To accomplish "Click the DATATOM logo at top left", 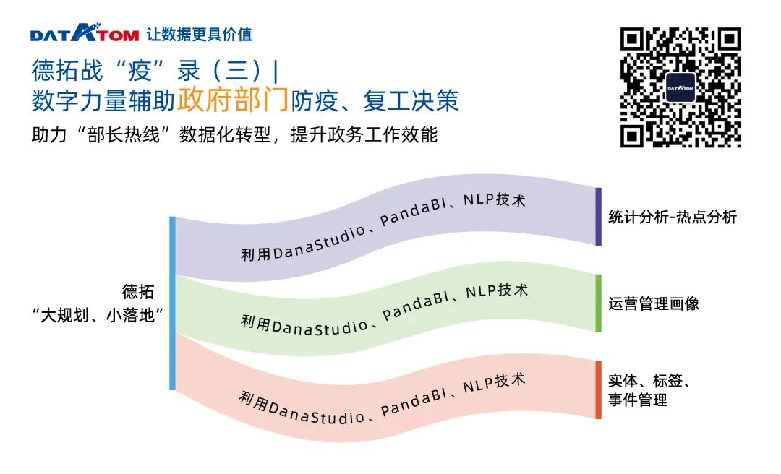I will tap(84, 33).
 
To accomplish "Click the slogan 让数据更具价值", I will tap(199, 34).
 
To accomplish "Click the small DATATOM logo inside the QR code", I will tap(680, 88).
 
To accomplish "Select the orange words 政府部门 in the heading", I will tap(233, 101).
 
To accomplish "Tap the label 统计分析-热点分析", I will tap(672, 217).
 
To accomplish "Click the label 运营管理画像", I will tap(654, 303).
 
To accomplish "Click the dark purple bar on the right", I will tap(598, 217).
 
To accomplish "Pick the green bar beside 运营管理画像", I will tap(598, 303).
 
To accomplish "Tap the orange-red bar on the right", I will tap(598, 390).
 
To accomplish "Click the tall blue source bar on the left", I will tap(173, 303).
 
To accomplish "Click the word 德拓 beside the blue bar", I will tap(138, 293).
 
